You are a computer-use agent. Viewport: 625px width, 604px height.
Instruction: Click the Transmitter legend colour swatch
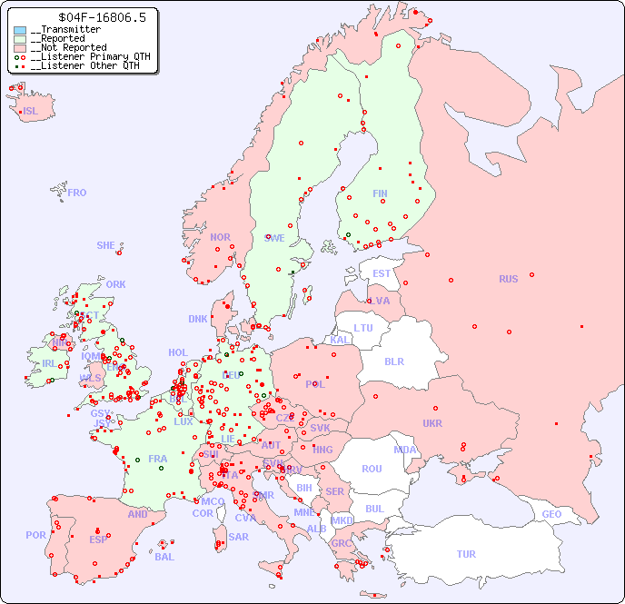click(x=20, y=30)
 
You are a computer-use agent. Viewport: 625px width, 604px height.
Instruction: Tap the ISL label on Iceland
click(x=31, y=112)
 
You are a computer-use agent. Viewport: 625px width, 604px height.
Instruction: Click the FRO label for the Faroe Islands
click(x=77, y=193)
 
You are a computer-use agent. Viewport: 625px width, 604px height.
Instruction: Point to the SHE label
click(x=106, y=245)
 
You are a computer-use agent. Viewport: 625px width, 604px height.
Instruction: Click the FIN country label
click(x=380, y=193)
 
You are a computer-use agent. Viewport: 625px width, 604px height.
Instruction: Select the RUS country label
click(x=508, y=279)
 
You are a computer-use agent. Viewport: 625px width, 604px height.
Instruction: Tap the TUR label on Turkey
click(x=466, y=554)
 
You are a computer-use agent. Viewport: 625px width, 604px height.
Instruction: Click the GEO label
click(x=551, y=514)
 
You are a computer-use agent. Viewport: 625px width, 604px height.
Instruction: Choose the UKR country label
click(x=432, y=423)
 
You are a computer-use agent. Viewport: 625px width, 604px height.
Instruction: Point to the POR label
click(x=35, y=535)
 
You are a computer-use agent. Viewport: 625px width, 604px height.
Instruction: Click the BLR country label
click(x=393, y=361)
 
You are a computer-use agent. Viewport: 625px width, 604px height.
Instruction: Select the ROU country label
click(x=372, y=469)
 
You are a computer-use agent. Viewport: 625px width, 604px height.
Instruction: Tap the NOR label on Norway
click(x=220, y=237)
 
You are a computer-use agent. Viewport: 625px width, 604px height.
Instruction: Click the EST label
click(x=382, y=273)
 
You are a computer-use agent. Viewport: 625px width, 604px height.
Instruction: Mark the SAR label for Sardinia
click(x=238, y=537)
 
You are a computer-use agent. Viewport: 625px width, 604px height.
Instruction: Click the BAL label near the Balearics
click(x=164, y=557)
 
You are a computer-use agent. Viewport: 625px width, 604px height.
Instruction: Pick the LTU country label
click(x=363, y=328)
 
